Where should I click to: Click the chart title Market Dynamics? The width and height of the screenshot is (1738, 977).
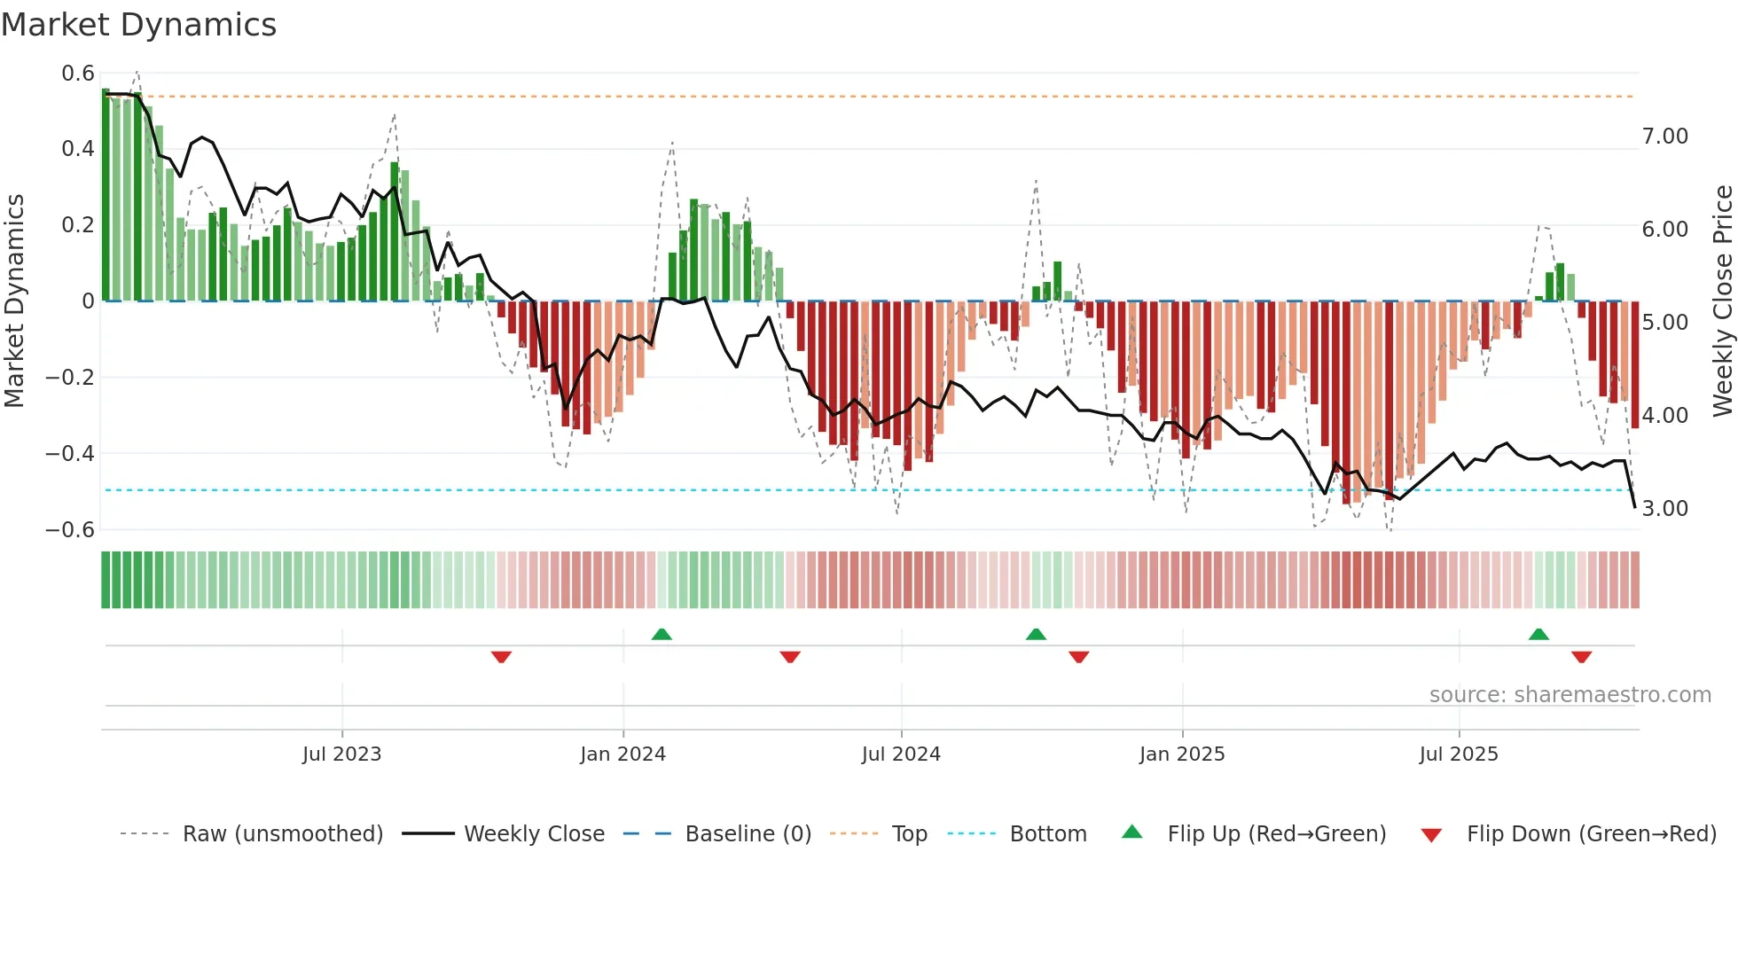(x=138, y=25)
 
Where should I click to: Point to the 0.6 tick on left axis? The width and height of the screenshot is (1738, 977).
(x=78, y=74)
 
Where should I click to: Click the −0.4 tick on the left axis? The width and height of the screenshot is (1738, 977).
(x=70, y=454)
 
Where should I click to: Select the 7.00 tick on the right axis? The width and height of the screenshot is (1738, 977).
(x=1664, y=137)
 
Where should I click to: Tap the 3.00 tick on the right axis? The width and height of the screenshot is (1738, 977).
(x=1664, y=509)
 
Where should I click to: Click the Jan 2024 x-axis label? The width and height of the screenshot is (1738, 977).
(x=622, y=754)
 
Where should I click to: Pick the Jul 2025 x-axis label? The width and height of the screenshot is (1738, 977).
(x=1458, y=754)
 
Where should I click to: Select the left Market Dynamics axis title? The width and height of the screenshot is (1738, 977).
(x=14, y=301)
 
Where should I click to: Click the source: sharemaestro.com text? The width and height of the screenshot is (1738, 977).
(x=1570, y=695)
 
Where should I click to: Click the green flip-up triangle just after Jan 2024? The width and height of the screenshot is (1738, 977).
(x=662, y=634)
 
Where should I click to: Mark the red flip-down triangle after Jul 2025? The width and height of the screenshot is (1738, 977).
(x=1581, y=657)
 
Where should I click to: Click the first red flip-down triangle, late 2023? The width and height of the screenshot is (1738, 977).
(x=501, y=657)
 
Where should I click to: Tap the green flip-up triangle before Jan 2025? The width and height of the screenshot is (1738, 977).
(x=1036, y=634)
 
